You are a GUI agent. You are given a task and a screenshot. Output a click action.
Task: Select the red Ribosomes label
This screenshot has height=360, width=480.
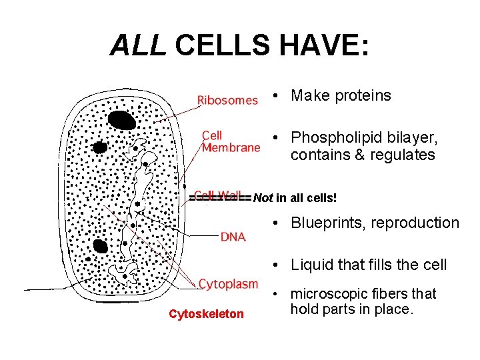click(227, 100)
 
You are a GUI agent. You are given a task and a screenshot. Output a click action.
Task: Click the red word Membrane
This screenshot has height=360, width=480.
click(231, 147)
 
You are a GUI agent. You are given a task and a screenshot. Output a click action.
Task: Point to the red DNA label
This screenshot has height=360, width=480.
click(233, 236)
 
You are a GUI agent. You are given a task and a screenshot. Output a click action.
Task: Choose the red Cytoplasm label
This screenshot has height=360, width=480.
click(228, 284)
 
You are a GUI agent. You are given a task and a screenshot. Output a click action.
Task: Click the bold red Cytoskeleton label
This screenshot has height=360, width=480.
click(206, 314)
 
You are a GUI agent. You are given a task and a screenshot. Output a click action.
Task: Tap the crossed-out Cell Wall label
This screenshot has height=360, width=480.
click(218, 196)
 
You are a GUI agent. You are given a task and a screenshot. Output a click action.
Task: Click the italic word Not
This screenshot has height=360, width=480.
click(263, 198)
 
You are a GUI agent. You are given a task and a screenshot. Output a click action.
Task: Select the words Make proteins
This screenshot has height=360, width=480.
click(341, 95)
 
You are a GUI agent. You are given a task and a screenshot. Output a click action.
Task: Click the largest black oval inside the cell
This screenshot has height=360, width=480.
click(122, 121)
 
